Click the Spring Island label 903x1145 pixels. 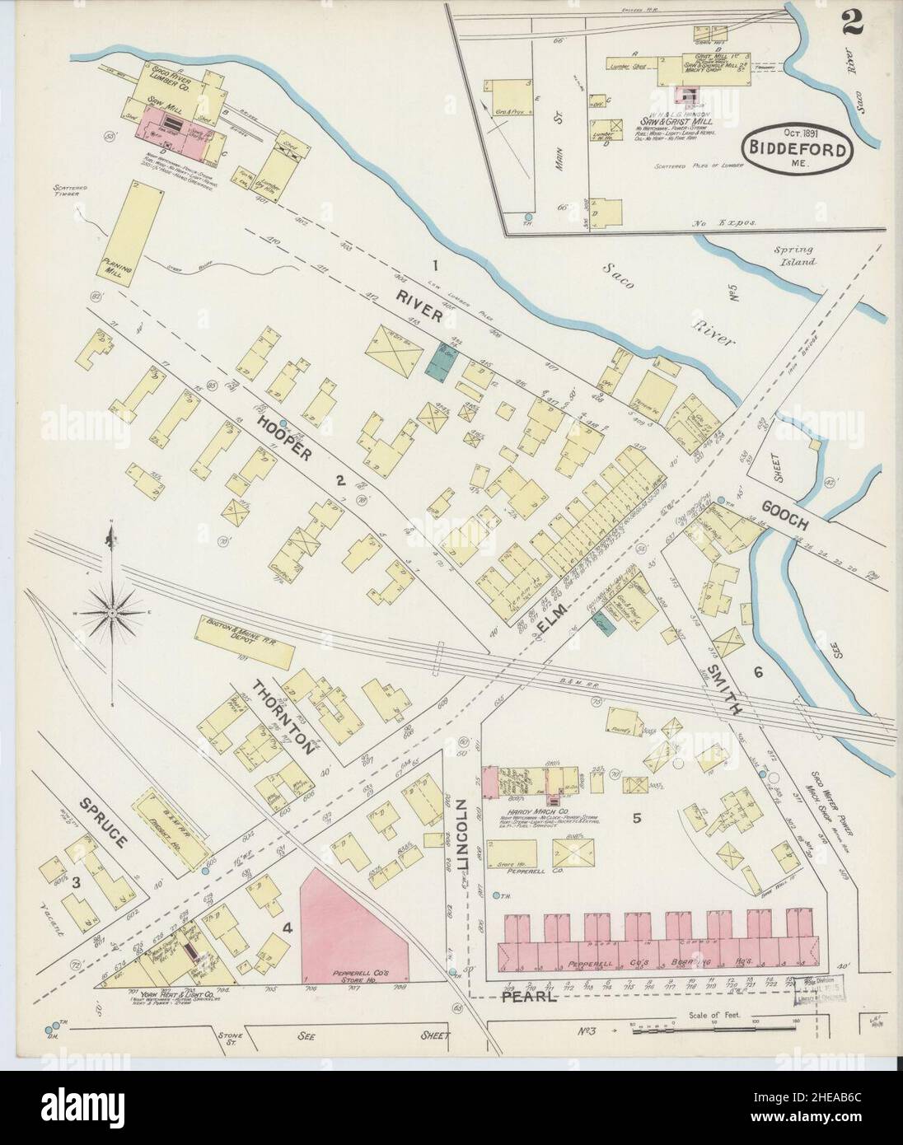(x=794, y=255)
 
